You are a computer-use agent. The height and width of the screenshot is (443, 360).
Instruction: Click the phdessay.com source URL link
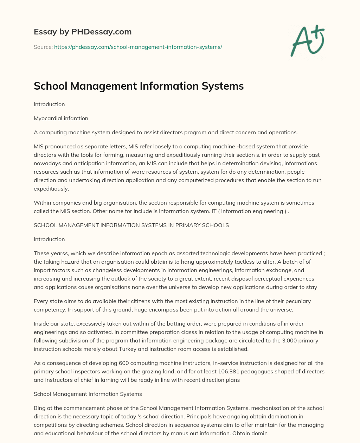pos(138,47)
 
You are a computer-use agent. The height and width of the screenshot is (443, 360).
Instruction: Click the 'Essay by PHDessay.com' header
pos(83,32)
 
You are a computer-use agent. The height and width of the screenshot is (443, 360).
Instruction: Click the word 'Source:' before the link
pos(43,47)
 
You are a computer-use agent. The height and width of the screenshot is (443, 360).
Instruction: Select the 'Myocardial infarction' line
pos(61,118)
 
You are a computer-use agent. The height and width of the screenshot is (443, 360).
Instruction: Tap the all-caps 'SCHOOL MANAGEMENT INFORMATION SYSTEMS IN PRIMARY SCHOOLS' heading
pos(131,225)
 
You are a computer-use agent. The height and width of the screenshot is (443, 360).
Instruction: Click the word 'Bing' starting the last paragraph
pos(39,408)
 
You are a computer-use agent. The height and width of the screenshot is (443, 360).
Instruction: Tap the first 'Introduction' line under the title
pos(49,104)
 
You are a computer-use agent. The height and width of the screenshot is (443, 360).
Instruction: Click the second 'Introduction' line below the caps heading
pos(49,239)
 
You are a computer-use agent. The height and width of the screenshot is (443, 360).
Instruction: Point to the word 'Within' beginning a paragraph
pos(42,203)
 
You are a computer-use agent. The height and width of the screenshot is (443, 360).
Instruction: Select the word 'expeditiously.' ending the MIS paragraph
pos(51,189)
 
